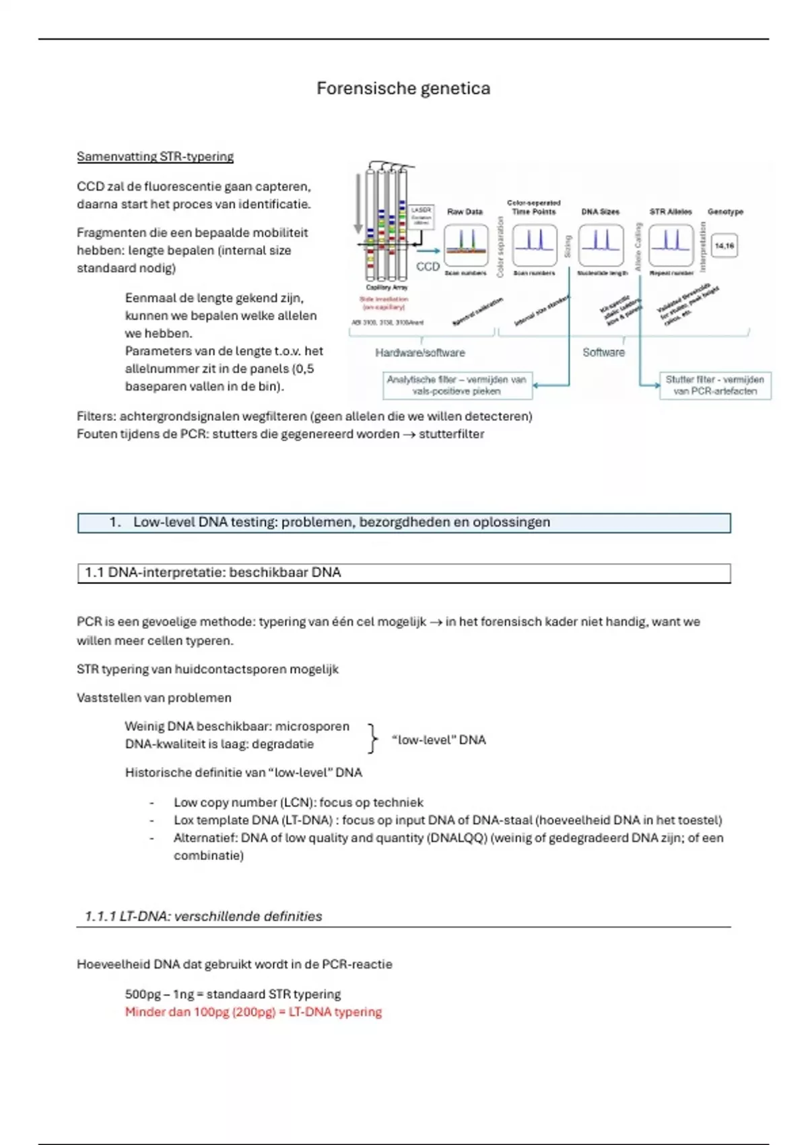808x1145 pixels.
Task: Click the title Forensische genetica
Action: point(403,88)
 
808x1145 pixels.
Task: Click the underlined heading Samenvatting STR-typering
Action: point(155,157)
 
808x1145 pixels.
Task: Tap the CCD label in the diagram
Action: point(428,267)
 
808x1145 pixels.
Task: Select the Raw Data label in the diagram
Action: point(465,211)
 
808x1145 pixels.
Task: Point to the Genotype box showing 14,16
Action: point(725,246)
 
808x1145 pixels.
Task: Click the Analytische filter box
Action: point(457,385)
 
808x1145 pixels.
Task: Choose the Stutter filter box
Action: point(715,385)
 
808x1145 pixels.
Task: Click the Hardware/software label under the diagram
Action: point(420,352)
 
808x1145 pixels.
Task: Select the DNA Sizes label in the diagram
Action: point(600,211)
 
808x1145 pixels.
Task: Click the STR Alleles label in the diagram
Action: point(671,211)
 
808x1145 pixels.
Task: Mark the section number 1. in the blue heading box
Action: point(115,522)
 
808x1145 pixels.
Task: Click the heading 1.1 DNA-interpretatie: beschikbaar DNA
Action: point(213,572)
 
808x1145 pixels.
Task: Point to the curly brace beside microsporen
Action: point(372,739)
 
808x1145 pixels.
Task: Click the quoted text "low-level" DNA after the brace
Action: point(438,740)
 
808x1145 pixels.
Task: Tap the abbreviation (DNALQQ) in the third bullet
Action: point(457,838)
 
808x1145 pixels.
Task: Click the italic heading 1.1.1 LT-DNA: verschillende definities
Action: point(203,916)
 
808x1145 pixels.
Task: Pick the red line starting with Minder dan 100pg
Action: point(253,1012)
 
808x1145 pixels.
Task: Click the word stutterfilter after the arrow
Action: point(451,434)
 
